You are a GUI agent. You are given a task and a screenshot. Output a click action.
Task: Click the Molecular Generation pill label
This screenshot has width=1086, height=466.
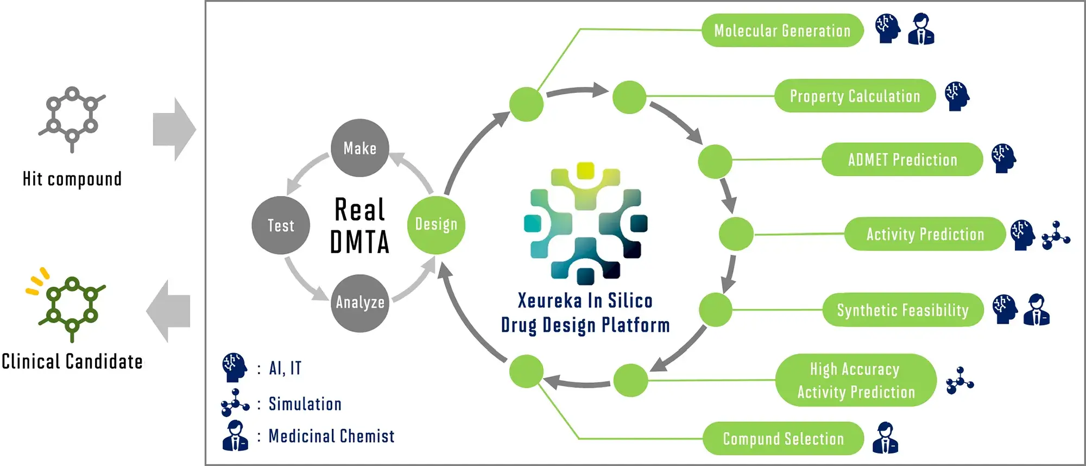[x=782, y=30]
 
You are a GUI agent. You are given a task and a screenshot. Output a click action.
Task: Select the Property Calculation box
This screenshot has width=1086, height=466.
[x=855, y=96]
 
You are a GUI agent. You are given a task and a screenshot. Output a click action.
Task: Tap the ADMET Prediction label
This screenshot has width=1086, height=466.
[x=902, y=160]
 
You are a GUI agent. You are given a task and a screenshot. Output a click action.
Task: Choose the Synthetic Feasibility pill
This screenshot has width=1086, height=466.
[x=902, y=310]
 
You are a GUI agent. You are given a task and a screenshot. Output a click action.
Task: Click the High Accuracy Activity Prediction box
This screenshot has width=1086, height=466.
[x=856, y=380]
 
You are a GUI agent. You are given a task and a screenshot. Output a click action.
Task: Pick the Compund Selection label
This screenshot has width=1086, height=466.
[x=783, y=438]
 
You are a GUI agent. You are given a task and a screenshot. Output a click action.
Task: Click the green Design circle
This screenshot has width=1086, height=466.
[x=436, y=225]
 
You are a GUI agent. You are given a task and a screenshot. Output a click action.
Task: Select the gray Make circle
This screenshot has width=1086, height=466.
[x=360, y=148]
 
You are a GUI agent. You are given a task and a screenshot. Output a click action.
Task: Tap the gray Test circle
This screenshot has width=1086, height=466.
[x=281, y=225]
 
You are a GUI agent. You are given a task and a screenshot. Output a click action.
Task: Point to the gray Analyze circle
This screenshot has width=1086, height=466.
[x=360, y=303]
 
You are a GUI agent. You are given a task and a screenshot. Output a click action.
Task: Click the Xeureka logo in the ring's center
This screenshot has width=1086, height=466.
[x=585, y=223]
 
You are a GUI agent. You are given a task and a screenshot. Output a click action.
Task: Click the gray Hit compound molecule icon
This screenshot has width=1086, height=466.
[x=72, y=119]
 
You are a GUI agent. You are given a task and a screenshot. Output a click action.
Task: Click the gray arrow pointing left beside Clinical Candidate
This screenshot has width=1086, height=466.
[x=169, y=311]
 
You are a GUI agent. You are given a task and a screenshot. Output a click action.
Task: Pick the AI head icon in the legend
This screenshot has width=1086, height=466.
[x=235, y=368]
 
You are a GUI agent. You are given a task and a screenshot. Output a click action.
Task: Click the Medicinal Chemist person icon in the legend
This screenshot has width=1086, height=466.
[x=235, y=436]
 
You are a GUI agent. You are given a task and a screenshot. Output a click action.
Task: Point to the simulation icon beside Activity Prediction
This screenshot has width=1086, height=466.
[x=1056, y=235]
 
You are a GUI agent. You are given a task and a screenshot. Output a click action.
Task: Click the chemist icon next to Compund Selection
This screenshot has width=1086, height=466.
[x=885, y=438]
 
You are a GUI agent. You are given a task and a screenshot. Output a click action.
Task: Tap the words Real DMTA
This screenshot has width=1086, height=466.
[x=359, y=226]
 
